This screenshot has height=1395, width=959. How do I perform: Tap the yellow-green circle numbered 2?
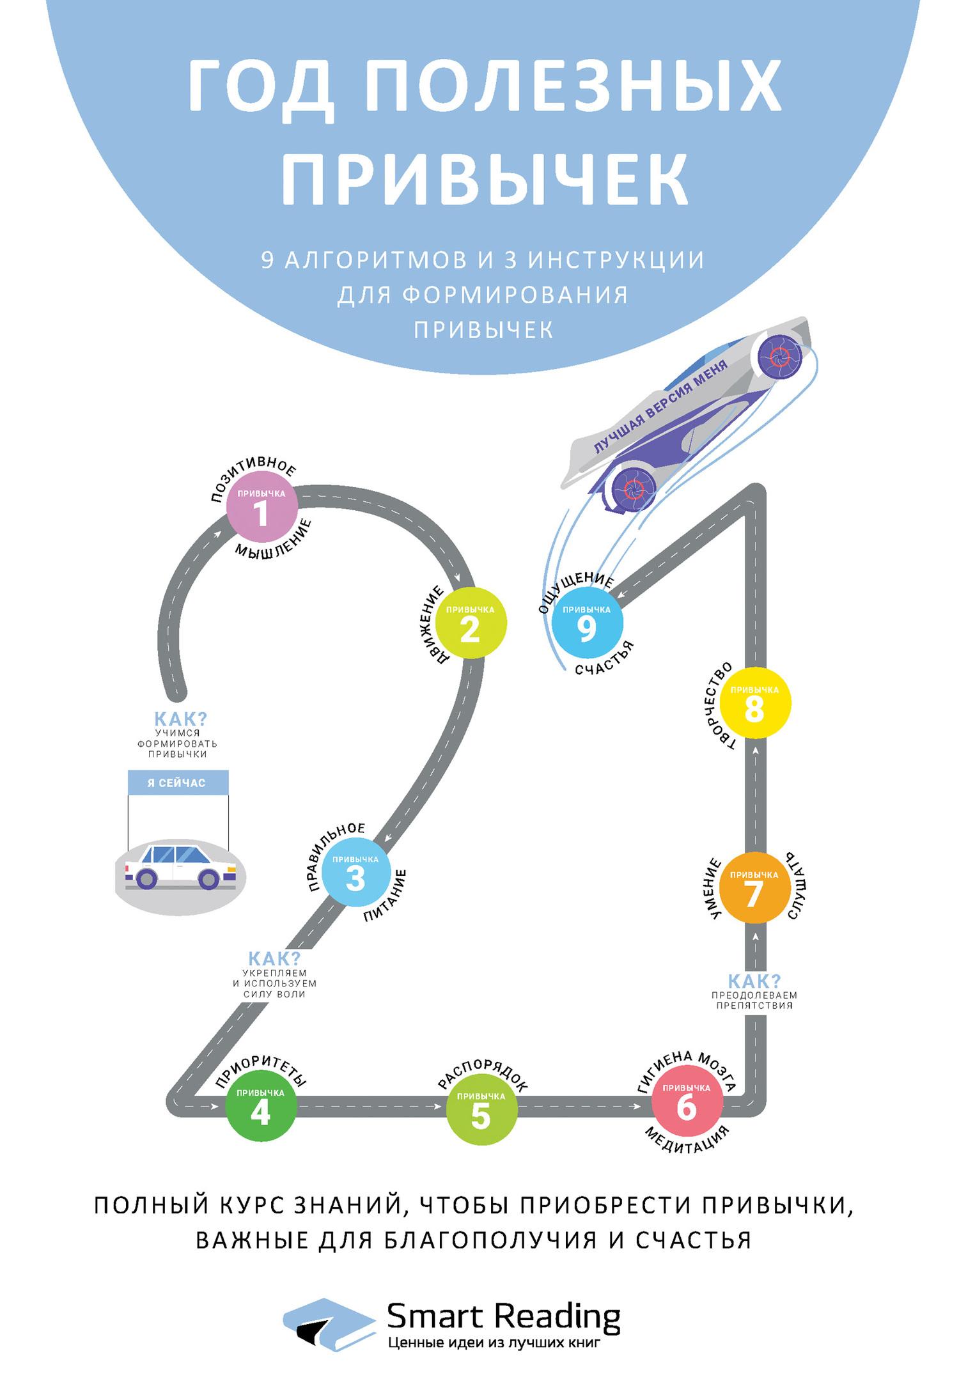471,624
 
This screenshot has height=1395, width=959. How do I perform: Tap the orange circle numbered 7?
754,888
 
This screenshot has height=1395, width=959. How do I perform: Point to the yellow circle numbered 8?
755,703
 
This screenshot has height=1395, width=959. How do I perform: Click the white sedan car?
180,866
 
